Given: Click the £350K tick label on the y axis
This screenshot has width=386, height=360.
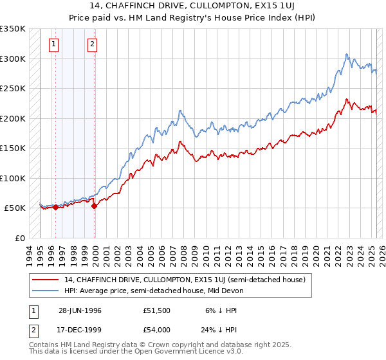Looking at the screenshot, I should [x=13, y=29].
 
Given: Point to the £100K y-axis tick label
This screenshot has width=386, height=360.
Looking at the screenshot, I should [x=13, y=178].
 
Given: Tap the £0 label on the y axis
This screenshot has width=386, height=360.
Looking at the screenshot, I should [x=19, y=238].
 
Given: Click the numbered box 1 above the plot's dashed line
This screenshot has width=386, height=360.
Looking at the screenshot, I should [x=53, y=44].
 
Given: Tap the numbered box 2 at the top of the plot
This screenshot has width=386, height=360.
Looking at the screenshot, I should [x=93, y=44].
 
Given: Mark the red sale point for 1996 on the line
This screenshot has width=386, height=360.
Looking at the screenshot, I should [x=56, y=207].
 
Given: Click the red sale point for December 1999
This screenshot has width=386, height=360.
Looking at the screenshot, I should [x=95, y=206].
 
